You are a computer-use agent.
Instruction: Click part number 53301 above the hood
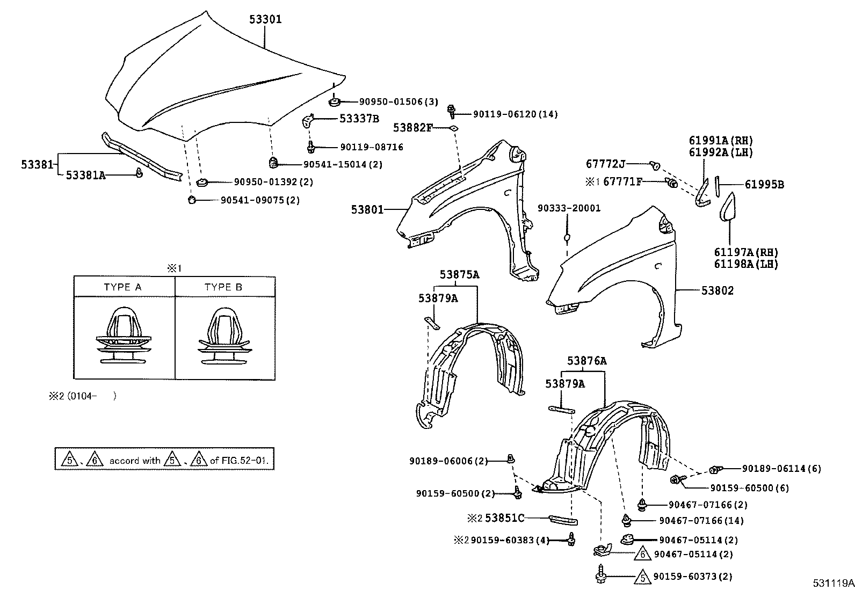265,19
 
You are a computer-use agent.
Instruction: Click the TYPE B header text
223,287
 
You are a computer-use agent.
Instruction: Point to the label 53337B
359,119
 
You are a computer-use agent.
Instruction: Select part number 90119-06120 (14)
515,114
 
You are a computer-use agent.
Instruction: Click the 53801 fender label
367,209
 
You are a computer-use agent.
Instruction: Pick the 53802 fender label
718,290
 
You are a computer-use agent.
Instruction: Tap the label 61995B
764,185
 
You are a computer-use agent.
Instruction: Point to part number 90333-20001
569,208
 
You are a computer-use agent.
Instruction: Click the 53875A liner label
459,274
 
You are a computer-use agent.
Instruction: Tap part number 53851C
504,518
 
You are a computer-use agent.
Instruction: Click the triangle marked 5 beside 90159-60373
641,578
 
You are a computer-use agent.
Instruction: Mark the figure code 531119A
832,582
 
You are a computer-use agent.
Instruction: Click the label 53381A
85,175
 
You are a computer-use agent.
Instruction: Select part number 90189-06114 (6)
781,469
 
